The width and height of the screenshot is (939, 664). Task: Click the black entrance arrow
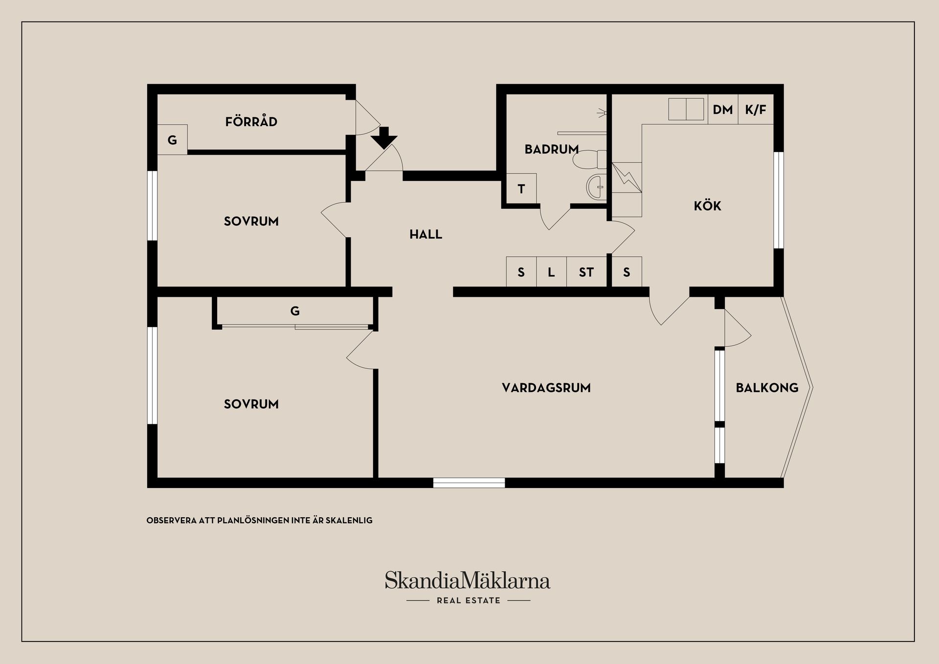click(384, 137)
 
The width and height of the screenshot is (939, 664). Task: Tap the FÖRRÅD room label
click(251, 121)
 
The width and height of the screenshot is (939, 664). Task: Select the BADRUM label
click(552, 149)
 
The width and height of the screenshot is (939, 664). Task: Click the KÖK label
click(707, 205)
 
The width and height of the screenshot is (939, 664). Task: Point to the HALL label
click(425, 235)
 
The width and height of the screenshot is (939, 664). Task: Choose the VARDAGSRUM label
click(546, 388)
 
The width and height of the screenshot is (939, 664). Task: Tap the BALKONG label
click(767, 388)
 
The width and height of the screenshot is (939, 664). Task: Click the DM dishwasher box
click(723, 110)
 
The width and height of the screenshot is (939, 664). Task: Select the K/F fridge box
click(756, 110)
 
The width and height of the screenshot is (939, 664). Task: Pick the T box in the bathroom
click(521, 189)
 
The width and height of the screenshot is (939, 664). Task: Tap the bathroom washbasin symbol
click(596, 186)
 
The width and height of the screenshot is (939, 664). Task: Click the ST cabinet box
click(586, 272)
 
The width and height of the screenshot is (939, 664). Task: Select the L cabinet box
click(551, 272)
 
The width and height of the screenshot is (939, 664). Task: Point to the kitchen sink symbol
click(686, 109)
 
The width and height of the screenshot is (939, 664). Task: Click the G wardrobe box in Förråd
click(172, 140)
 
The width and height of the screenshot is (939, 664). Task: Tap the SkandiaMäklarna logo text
click(468, 580)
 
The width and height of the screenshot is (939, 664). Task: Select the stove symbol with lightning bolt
click(626, 177)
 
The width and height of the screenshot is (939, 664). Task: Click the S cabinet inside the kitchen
click(627, 272)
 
